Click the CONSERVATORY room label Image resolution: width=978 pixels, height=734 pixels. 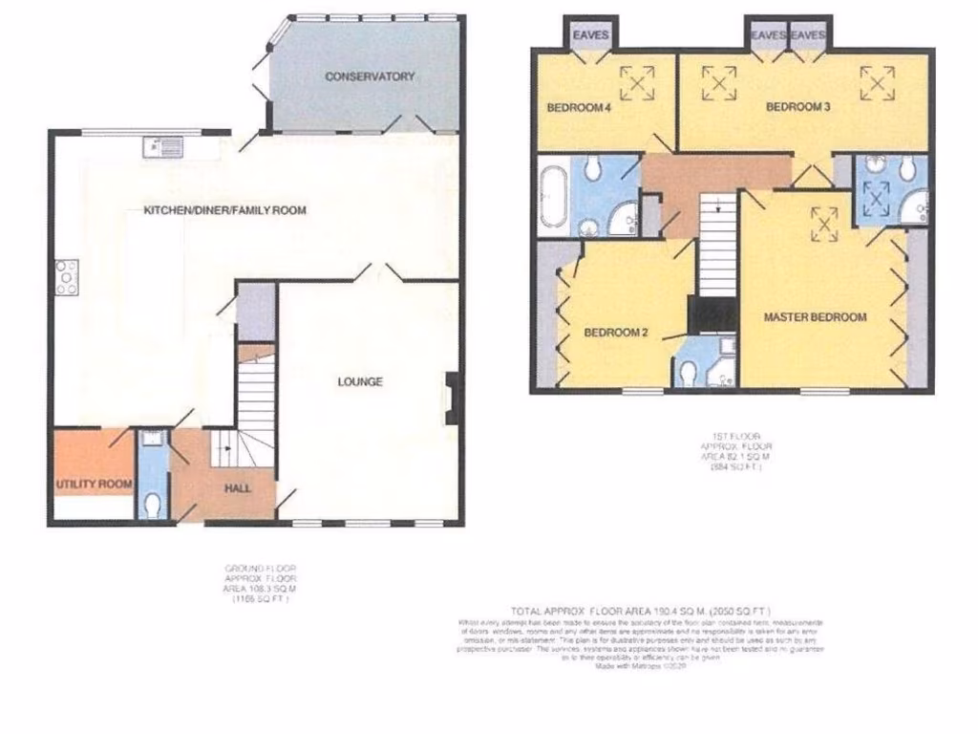[x=370, y=76]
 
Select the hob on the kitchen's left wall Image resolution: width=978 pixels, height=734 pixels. [x=67, y=277]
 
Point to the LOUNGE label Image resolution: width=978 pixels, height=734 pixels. [x=360, y=382]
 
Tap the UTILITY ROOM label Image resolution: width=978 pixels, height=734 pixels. [x=93, y=485]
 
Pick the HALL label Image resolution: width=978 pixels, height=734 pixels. [x=238, y=488]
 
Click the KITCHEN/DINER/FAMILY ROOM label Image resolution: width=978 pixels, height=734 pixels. [x=224, y=210]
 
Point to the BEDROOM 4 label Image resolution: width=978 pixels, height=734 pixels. [x=578, y=108]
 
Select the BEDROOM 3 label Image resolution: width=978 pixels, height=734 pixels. [x=797, y=108]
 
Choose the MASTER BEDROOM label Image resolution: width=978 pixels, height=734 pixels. [x=815, y=317]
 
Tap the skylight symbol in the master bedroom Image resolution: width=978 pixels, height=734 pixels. [x=823, y=225]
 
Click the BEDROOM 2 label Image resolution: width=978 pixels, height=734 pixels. [x=616, y=334]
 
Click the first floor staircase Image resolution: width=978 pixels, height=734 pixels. [x=718, y=248]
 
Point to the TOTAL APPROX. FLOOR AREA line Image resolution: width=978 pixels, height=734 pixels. [x=640, y=610]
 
